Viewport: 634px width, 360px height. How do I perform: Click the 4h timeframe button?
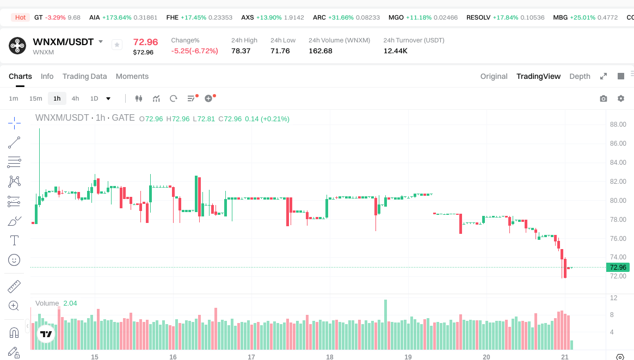tap(75, 98)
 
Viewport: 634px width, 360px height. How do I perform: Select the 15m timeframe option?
tap(35, 98)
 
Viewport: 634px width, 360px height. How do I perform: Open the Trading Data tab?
tap(84, 76)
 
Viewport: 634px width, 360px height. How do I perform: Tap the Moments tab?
tap(132, 76)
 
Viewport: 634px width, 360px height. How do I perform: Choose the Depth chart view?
tap(580, 76)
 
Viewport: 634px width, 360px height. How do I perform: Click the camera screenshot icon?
tap(603, 98)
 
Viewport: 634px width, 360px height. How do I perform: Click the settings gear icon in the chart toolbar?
tap(620, 98)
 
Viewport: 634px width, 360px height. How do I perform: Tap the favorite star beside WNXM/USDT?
tap(116, 45)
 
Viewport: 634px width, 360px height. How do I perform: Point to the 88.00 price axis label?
tap(618, 125)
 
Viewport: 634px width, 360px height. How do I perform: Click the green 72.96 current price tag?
tap(618, 267)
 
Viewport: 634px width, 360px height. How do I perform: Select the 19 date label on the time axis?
tap(408, 357)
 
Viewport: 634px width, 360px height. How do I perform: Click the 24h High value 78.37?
tap(241, 51)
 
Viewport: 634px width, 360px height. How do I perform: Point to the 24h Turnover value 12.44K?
tap(395, 51)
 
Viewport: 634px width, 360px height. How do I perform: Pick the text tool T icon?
tap(14, 240)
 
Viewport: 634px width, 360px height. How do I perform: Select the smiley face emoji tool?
tap(14, 260)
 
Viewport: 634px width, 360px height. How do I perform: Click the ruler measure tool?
tap(14, 286)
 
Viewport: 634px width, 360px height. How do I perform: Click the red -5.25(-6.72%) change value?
tap(194, 51)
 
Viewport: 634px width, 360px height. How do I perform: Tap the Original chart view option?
tap(494, 76)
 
